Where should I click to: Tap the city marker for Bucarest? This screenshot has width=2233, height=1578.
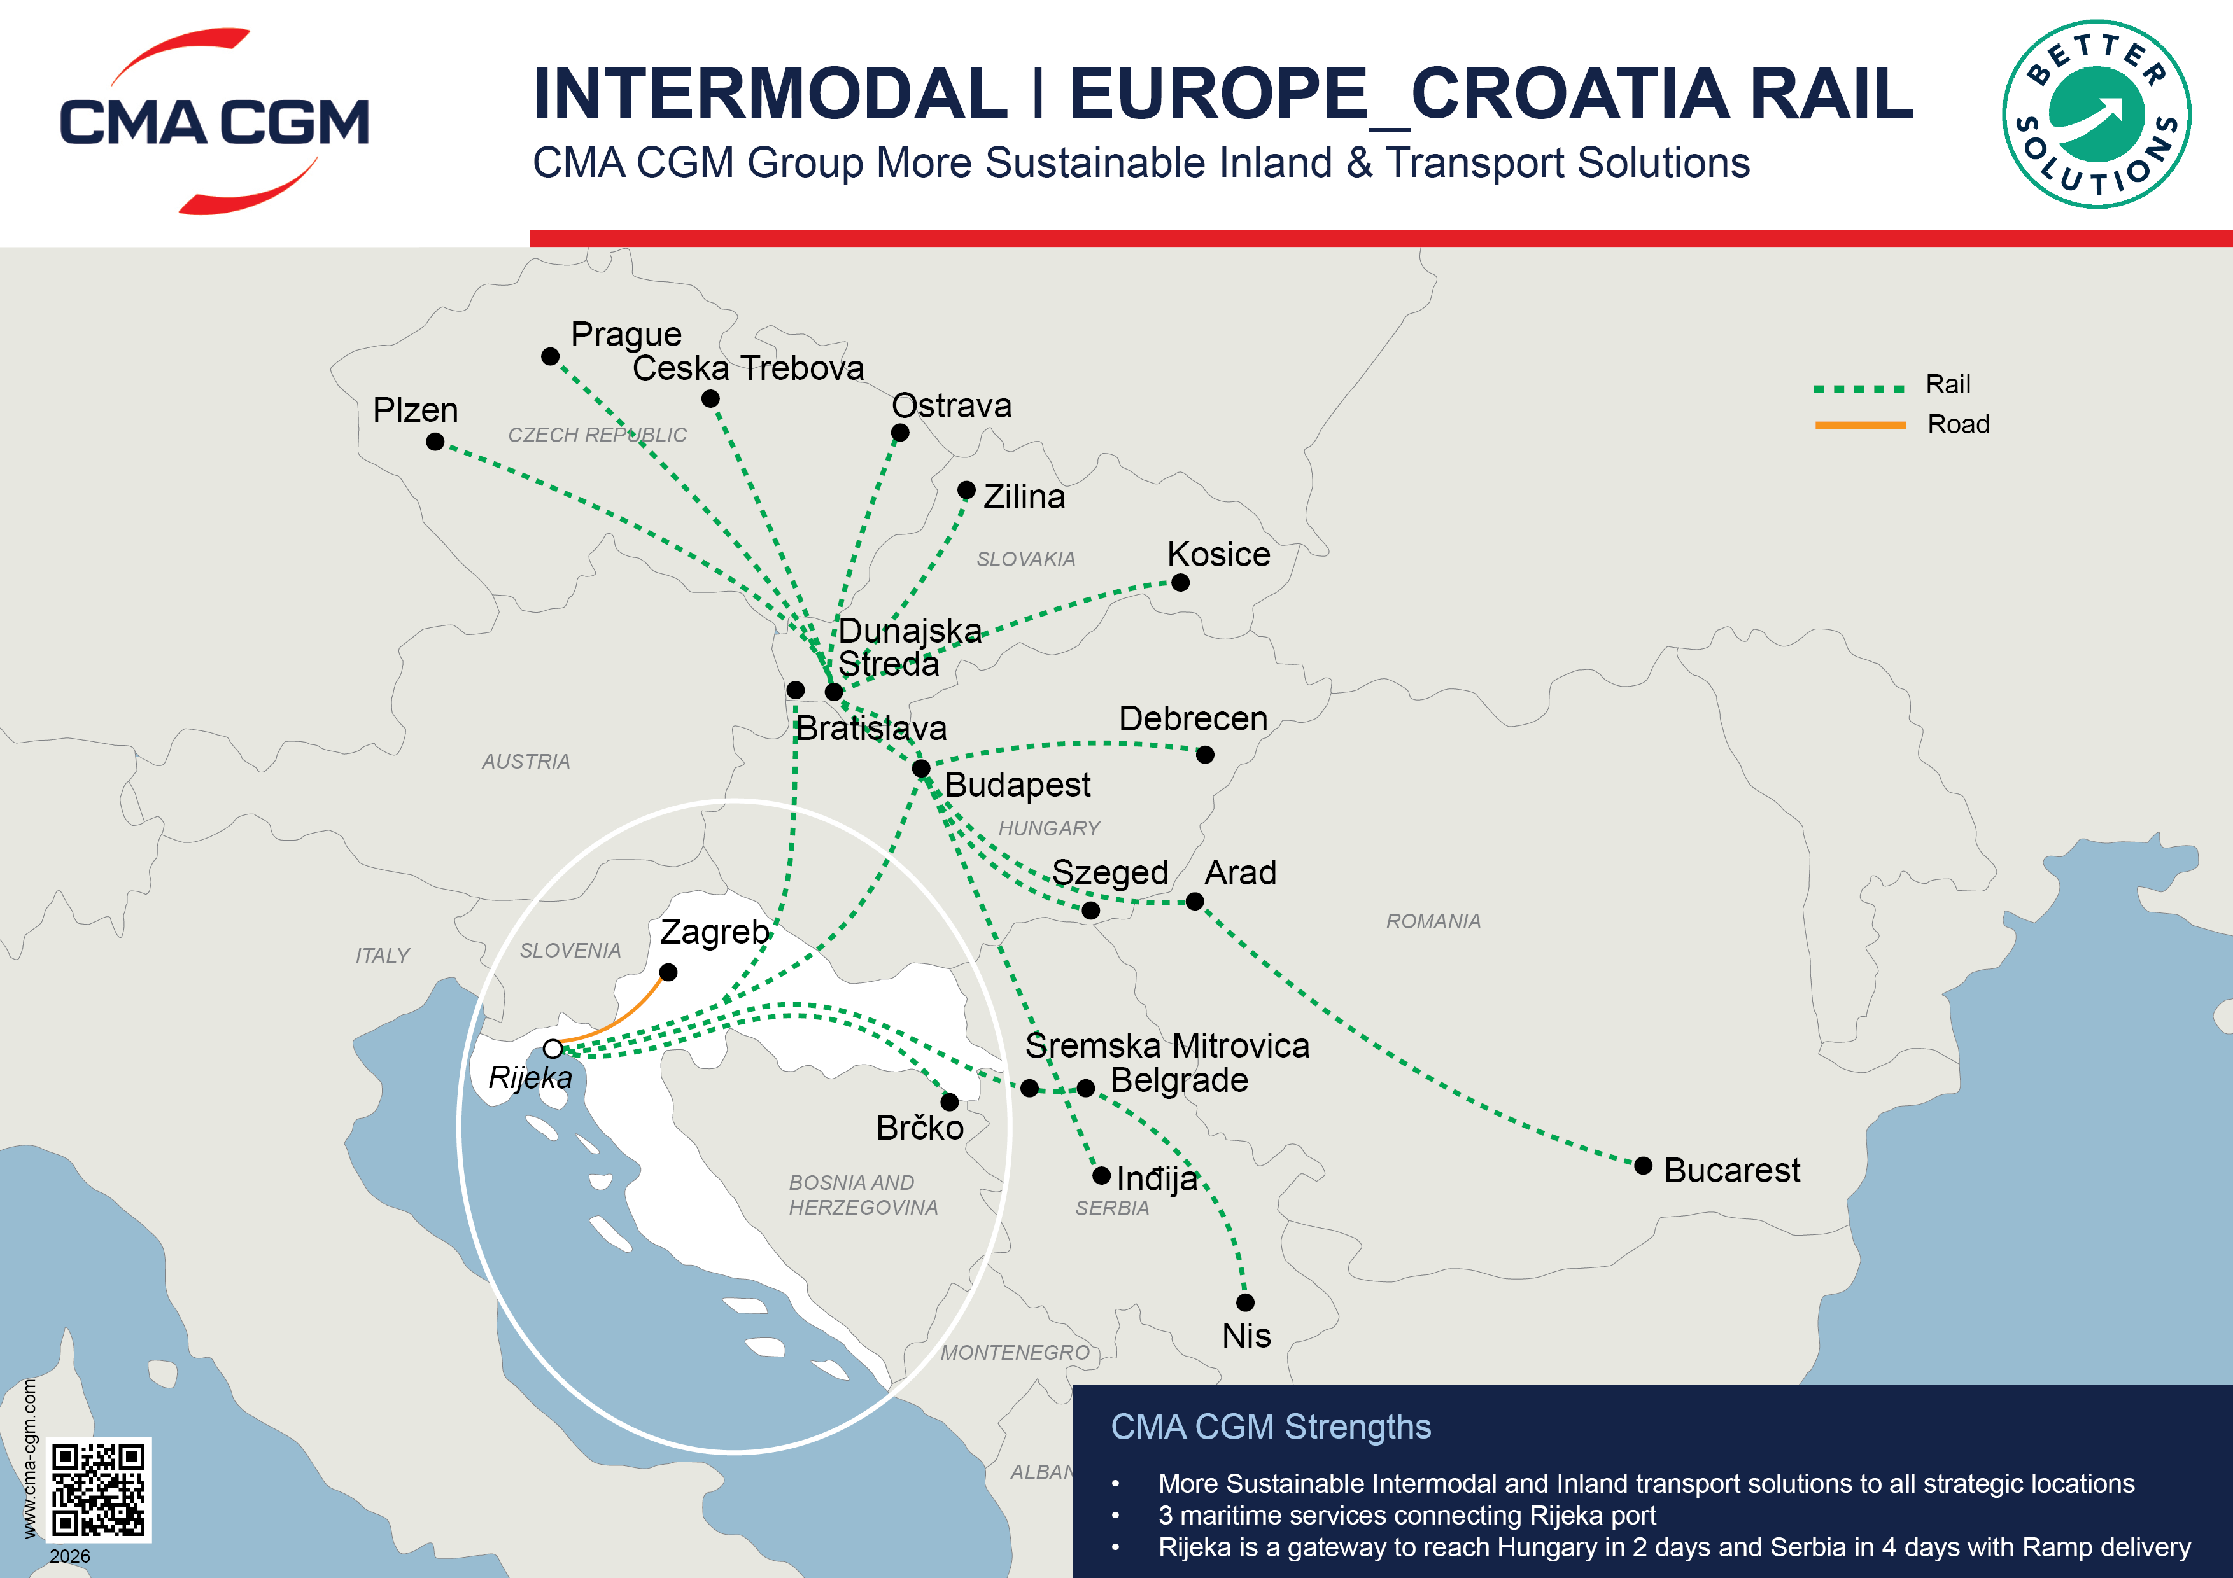pyautogui.click(x=1644, y=1166)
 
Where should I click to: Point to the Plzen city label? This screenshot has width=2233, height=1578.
pyautogui.click(x=415, y=410)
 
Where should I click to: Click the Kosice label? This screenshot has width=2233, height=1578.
pyautogui.click(x=1218, y=554)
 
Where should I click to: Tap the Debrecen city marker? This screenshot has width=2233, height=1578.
pyautogui.click(x=1205, y=755)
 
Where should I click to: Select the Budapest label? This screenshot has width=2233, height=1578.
pyautogui.click(x=1017, y=785)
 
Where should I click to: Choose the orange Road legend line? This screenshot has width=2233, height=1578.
pyautogui.click(x=1859, y=425)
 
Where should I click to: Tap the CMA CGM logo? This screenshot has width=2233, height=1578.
pyautogui.click(x=214, y=122)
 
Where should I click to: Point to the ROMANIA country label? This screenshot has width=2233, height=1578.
pyautogui.click(x=1433, y=921)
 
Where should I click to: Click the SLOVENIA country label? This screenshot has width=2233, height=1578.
pyautogui.click(x=570, y=950)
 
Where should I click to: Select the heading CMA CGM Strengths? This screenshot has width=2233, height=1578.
pyautogui.click(x=1270, y=1427)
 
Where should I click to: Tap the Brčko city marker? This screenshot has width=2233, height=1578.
pyautogui.click(x=949, y=1101)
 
